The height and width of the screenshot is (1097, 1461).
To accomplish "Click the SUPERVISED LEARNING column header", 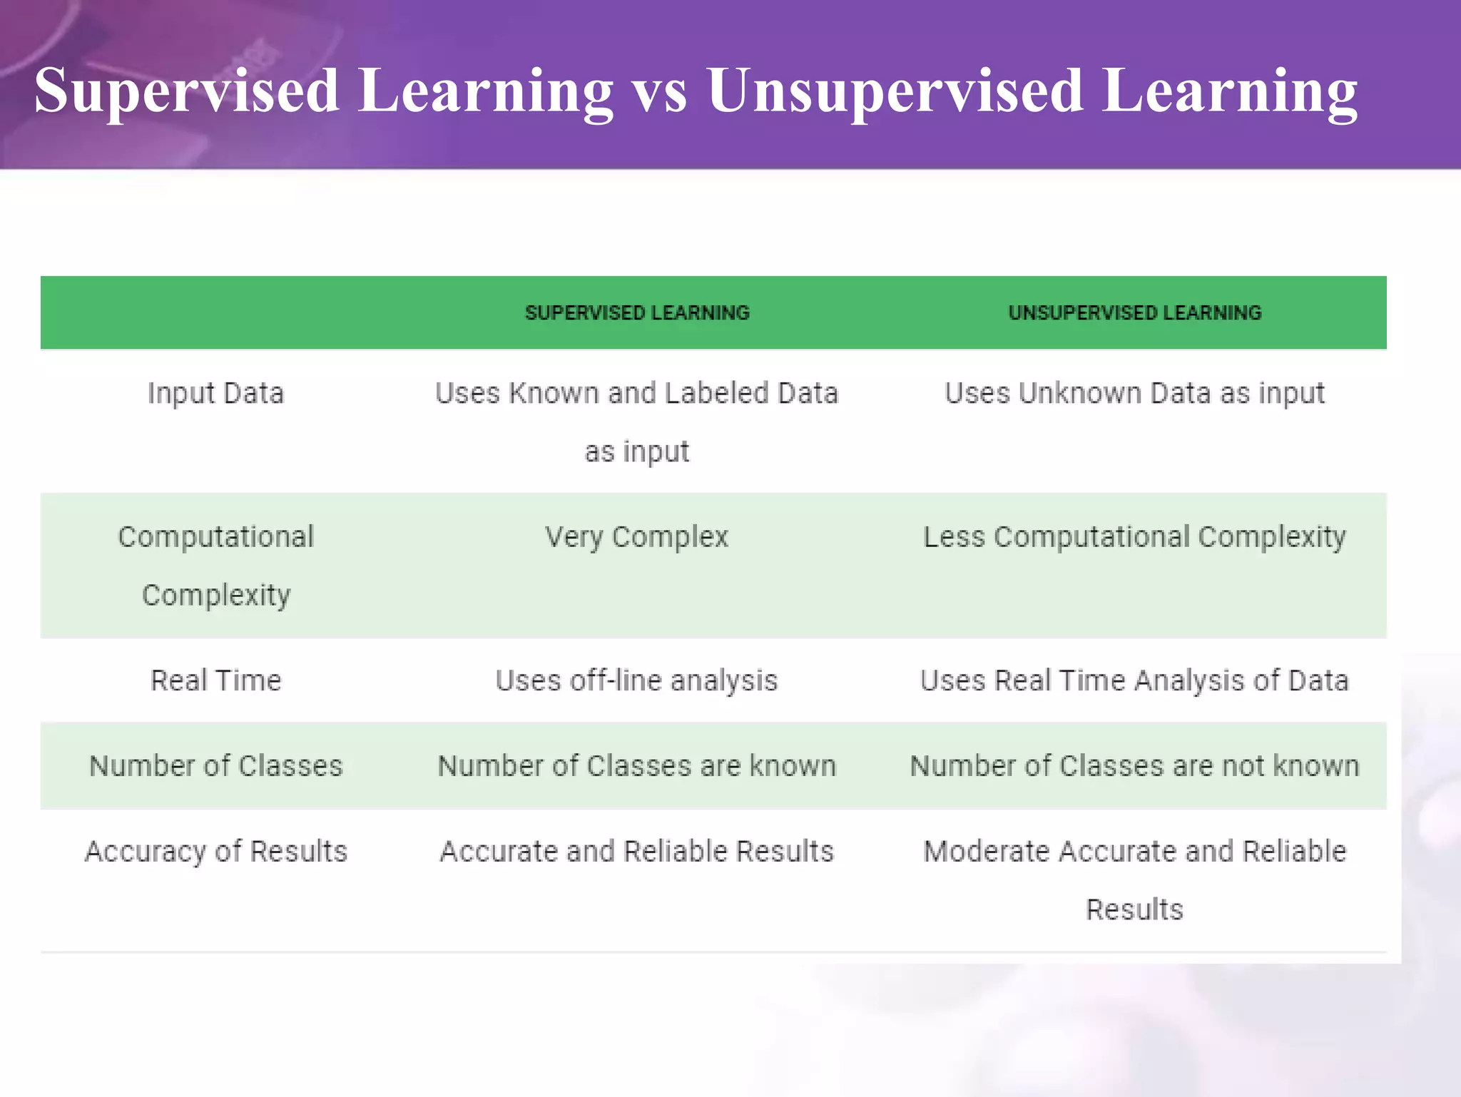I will point(637,312).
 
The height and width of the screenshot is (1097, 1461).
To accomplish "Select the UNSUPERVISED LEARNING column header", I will point(1134,312).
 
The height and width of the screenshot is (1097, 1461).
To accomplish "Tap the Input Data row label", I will point(215,394).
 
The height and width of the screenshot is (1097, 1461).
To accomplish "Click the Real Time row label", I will point(215,680).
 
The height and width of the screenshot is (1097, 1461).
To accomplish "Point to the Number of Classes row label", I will point(215,766).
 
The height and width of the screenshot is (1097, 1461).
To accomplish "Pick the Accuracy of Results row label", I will point(215,852).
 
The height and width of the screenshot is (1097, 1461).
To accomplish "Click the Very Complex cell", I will point(636,537).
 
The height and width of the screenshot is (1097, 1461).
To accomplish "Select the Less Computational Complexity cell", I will point(1134,537).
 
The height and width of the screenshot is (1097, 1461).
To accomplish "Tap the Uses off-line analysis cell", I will point(636,680).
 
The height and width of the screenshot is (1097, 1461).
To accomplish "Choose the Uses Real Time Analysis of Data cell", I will point(1134,680).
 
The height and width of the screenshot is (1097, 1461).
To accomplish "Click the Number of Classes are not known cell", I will point(1134,766).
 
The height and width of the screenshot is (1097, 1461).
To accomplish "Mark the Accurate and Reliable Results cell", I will point(636,852).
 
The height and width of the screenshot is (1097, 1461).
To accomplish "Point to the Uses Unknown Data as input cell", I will point(1134,394).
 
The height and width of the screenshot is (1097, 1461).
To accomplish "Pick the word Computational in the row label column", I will point(215,537).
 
